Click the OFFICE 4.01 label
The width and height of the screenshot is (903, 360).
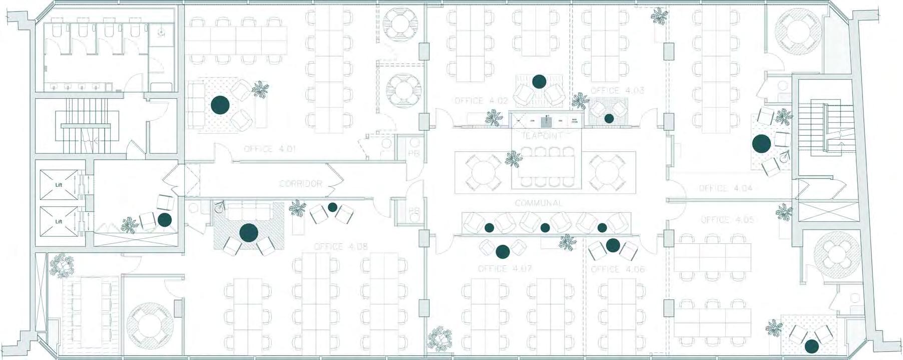(266, 149)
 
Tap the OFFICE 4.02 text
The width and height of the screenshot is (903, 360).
(481, 101)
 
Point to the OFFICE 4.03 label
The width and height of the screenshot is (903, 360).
(617, 91)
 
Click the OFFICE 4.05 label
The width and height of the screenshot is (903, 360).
(727, 220)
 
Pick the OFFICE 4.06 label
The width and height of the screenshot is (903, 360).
(618, 269)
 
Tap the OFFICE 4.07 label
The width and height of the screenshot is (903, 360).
(505, 269)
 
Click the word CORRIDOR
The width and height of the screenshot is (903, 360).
(300, 184)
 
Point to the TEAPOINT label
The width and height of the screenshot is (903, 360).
(542, 136)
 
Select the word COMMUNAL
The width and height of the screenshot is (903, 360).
(539, 203)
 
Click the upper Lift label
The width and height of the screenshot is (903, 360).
(59, 185)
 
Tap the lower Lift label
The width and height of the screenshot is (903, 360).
(59, 221)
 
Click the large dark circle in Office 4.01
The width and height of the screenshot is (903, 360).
(220, 105)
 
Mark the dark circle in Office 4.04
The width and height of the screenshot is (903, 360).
(761, 144)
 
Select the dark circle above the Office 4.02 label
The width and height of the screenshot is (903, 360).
(539, 81)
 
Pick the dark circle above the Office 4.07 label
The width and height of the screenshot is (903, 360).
(503, 250)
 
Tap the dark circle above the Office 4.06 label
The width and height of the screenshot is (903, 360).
(613, 245)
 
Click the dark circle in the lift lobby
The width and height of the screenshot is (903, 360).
(164, 219)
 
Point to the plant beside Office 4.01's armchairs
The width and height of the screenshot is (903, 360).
(260, 90)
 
